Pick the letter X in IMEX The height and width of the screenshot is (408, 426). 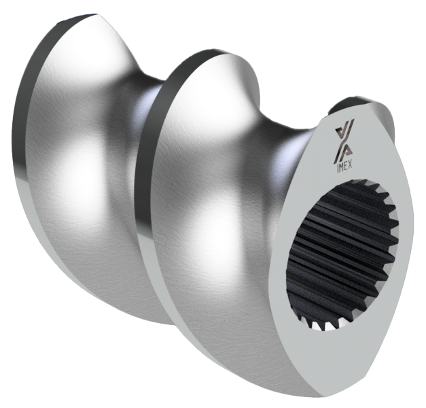coord(351,165)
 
